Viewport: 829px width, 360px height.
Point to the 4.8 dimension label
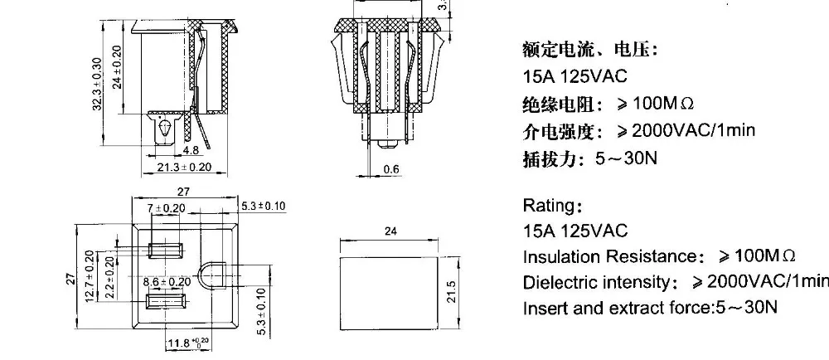click(x=191, y=151)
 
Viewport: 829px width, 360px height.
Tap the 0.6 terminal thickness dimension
click(x=391, y=170)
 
